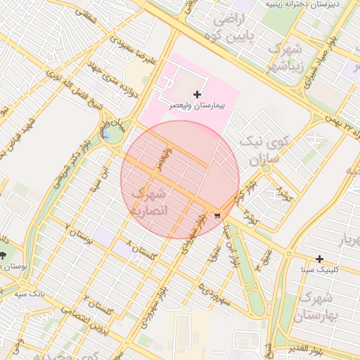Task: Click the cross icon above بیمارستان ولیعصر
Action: pyautogui.click(x=197, y=94)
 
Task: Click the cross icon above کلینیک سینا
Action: pyautogui.click(x=320, y=259)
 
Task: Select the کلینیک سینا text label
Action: pyautogui.click(x=320, y=269)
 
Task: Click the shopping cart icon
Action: pyautogui.click(x=217, y=216)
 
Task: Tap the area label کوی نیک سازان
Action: pyautogui.click(x=259, y=150)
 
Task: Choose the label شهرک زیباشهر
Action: pyautogui.click(x=286, y=58)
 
